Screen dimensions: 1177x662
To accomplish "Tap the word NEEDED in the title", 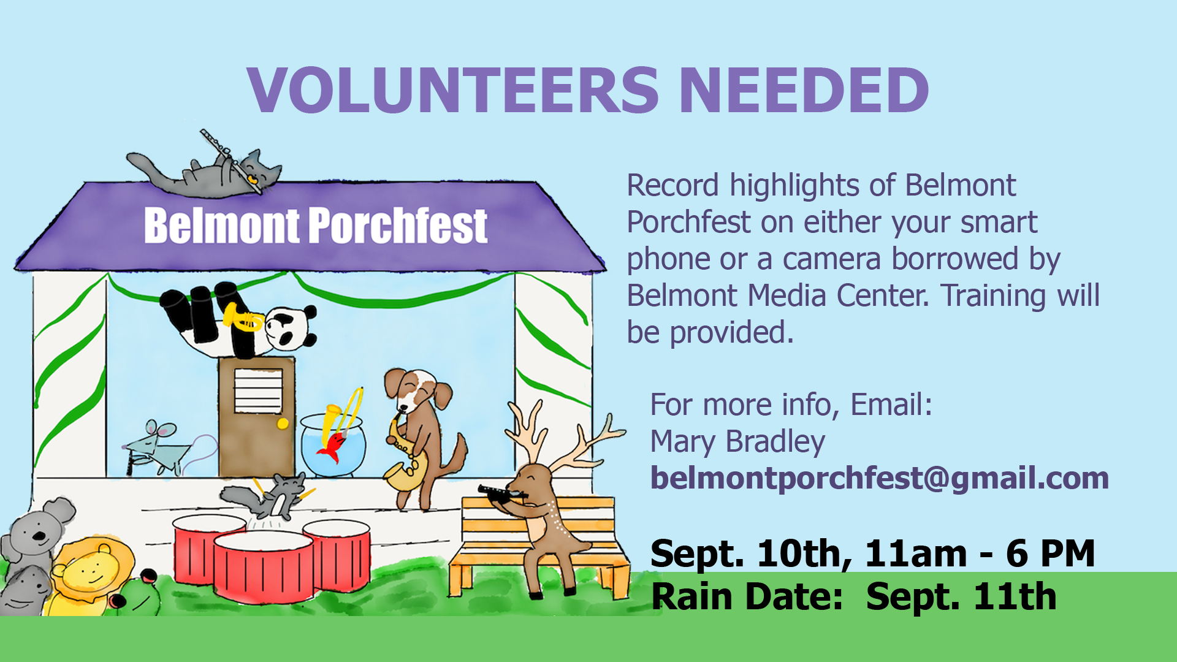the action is (804, 90).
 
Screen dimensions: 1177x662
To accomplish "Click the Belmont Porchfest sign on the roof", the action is (316, 226).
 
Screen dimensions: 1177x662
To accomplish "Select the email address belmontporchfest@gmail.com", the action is (880, 478).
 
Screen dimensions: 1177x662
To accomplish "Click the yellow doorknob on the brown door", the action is (283, 424).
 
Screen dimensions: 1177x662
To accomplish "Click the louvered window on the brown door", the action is (258, 391).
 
